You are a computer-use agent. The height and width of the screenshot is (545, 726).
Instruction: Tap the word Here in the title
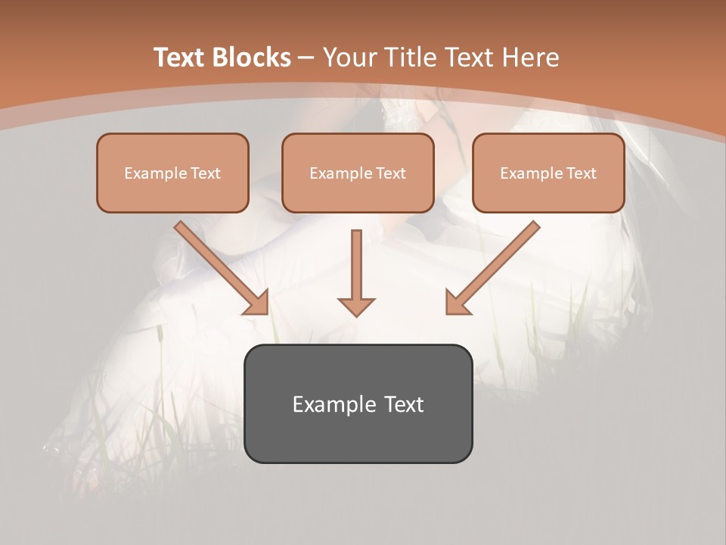[529, 58]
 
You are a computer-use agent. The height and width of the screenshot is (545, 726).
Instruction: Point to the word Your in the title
[349, 58]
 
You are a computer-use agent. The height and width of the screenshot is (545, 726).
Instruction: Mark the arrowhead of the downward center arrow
[356, 306]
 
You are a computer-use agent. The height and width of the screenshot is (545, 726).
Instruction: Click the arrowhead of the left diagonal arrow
[256, 303]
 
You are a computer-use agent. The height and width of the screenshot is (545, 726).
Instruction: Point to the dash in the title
[306, 58]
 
